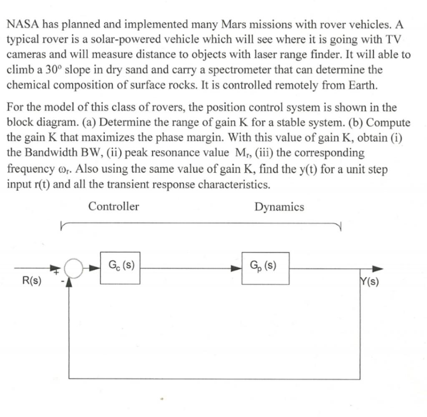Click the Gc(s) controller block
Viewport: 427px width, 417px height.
[x=120, y=268]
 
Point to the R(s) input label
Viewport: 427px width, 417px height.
[x=31, y=281]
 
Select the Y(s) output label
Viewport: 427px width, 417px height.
[x=369, y=282]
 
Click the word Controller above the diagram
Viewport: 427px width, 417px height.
[x=113, y=206]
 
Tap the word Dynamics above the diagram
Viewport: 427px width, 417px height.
[x=279, y=207]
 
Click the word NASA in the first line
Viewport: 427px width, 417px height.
[x=21, y=24]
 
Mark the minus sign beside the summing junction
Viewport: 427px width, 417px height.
[x=61, y=281]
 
